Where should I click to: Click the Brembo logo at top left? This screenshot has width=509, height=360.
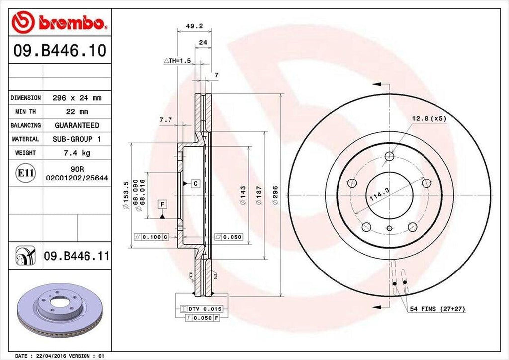coord(60,22)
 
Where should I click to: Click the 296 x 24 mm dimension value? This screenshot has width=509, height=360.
coord(77,98)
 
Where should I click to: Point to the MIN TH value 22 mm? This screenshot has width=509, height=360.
coord(77,112)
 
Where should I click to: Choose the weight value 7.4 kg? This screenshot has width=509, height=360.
coord(77,153)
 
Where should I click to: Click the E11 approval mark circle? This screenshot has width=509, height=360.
coord(25,173)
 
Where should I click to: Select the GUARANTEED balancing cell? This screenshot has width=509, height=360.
coord(77,125)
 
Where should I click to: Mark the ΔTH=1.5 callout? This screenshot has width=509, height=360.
coord(178,60)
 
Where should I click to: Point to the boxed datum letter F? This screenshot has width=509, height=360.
coord(162,204)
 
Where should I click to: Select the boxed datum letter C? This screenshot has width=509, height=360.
coord(195,184)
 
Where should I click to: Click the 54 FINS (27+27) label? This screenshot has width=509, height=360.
coord(437,309)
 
